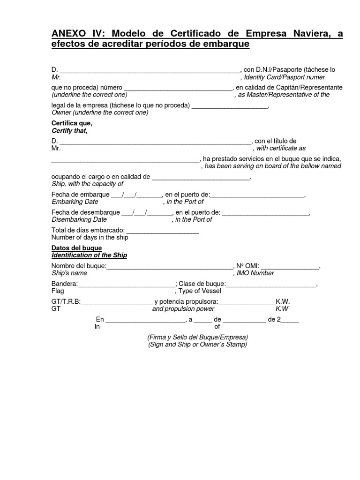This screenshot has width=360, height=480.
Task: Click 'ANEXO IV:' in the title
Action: (x=74, y=34)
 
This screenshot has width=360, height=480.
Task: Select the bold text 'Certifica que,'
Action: (x=72, y=123)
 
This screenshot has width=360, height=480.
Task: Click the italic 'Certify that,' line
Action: (x=69, y=131)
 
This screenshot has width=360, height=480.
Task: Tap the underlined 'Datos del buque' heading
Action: (x=76, y=248)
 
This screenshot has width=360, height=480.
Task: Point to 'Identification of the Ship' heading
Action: (x=89, y=255)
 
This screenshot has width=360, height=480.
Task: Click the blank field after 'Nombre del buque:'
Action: (x=170, y=267)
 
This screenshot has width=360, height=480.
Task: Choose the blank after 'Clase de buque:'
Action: (x=271, y=284)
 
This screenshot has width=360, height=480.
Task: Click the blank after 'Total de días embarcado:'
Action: (x=163, y=231)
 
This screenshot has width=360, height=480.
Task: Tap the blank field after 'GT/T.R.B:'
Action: (x=117, y=302)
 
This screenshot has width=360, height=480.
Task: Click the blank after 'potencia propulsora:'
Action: (x=247, y=302)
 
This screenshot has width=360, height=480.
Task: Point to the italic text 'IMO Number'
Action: (x=255, y=273)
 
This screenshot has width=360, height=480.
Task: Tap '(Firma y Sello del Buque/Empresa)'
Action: (x=197, y=337)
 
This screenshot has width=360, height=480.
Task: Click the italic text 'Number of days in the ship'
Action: (x=90, y=238)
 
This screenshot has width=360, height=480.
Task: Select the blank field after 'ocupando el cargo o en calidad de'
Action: (x=201, y=177)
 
